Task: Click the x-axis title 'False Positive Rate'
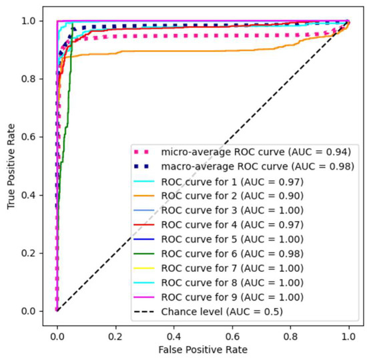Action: pyautogui.click(x=203, y=350)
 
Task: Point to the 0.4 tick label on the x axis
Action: pyautogui.click(x=173, y=332)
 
